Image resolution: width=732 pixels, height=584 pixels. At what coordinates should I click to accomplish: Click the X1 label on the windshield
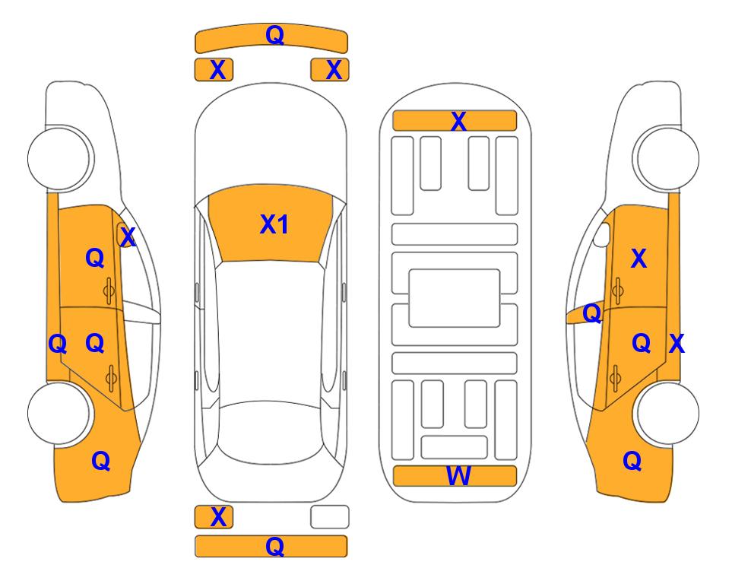(x=274, y=224)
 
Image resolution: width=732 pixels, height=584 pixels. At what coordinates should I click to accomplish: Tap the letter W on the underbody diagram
(x=458, y=475)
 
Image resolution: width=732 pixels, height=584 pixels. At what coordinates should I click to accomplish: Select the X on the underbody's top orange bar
(x=458, y=121)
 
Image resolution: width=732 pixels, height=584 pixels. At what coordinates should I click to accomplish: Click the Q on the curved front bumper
(x=274, y=35)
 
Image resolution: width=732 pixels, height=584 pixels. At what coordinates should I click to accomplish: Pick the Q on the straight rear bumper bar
(x=274, y=546)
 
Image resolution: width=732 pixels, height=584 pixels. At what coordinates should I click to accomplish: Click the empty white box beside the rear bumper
(x=330, y=517)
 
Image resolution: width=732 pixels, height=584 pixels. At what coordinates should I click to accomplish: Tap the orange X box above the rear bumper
(x=214, y=517)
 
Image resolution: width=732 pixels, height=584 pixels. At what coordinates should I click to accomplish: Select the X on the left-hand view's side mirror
(x=128, y=237)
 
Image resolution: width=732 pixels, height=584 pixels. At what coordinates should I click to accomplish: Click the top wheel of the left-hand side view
(x=60, y=158)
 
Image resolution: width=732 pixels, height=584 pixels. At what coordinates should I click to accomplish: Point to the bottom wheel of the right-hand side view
(x=667, y=413)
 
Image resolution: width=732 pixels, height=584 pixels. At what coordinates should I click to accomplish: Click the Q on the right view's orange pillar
(x=592, y=313)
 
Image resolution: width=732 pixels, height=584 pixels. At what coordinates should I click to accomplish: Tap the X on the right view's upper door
(x=639, y=259)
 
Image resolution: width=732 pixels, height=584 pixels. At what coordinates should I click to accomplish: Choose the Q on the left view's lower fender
(x=101, y=461)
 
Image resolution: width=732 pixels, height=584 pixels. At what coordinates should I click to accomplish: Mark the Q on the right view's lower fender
(x=632, y=461)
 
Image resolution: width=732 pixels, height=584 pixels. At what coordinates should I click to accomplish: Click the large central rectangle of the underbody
(x=455, y=298)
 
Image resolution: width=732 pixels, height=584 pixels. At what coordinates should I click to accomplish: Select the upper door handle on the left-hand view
(x=109, y=291)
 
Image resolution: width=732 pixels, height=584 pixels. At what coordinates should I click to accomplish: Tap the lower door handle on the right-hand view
(x=616, y=377)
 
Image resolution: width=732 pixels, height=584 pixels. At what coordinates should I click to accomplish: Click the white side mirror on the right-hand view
(x=601, y=234)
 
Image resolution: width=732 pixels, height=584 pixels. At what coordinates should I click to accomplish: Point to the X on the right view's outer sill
(x=677, y=344)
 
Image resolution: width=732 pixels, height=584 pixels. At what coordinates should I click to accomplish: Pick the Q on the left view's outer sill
(x=58, y=344)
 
